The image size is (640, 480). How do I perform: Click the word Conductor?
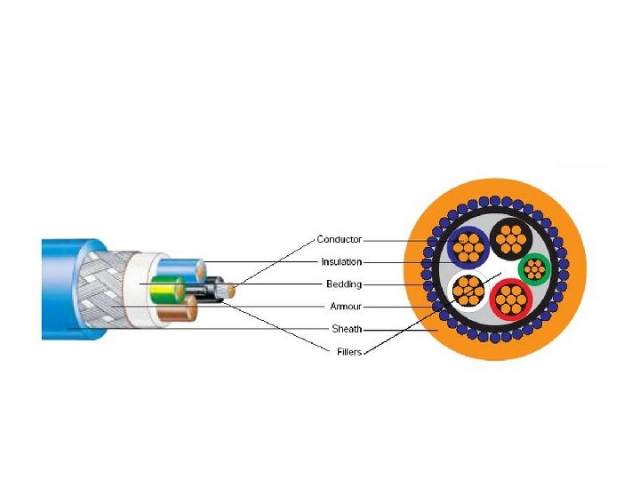point(340,240)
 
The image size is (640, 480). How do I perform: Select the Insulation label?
point(341,262)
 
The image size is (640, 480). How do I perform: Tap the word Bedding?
point(344,284)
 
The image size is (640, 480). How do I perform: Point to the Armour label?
point(345,307)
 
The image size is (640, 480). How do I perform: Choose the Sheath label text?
point(347,329)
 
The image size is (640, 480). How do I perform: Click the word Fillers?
point(348,351)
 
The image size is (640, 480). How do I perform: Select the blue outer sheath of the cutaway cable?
point(62,289)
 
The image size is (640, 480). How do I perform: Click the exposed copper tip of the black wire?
point(231,289)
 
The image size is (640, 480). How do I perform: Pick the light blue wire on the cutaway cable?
point(182,268)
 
